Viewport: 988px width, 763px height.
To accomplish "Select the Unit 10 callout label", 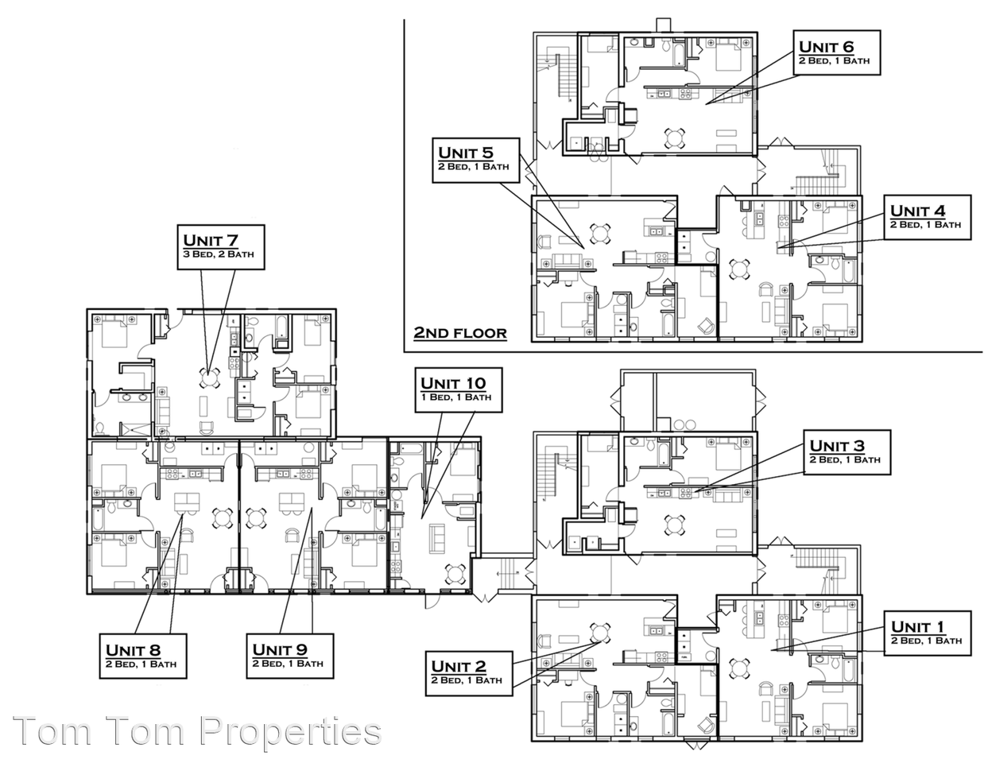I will [x=459, y=389].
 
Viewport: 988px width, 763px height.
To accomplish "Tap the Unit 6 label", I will [x=836, y=52].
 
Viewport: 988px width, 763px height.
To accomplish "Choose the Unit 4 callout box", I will [x=926, y=217].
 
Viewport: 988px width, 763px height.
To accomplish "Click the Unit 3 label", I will [x=845, y=452].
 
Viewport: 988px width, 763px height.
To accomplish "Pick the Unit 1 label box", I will [x=927, y=633].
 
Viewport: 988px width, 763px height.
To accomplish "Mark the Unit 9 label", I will [x=288, y=656].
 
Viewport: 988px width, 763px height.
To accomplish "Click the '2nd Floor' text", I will [x=459, y=332].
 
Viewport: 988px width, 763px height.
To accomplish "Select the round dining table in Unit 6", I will [x=674, y=138].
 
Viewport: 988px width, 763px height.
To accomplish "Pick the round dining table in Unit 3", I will [x=674, y=524].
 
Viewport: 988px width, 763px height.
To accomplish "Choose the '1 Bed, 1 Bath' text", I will [x=459, y=397].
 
